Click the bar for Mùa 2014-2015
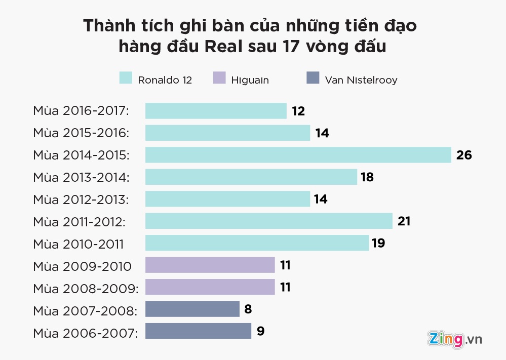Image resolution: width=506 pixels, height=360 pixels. point(298,155)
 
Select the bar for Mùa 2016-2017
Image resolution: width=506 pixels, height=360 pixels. point(216,111)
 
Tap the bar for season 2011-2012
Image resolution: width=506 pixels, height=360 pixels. point(268,221)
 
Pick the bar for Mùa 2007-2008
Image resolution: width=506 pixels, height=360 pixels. point(192,309)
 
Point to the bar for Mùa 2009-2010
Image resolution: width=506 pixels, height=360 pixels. point(210,265)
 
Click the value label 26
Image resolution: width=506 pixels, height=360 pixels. point(464,155)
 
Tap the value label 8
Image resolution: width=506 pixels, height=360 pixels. point(248,309)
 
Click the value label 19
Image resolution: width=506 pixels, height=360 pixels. point(378,243)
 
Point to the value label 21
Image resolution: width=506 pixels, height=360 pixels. point(404,221)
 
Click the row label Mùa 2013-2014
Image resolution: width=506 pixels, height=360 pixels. point(81,177)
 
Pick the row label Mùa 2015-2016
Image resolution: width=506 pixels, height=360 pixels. point(81,133)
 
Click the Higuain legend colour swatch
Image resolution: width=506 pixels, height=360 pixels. point(219,78)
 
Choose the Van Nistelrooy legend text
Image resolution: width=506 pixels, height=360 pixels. point(361,79)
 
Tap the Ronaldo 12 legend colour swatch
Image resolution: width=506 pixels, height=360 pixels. point(126,78)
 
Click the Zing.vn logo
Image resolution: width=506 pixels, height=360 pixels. point(454,338)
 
